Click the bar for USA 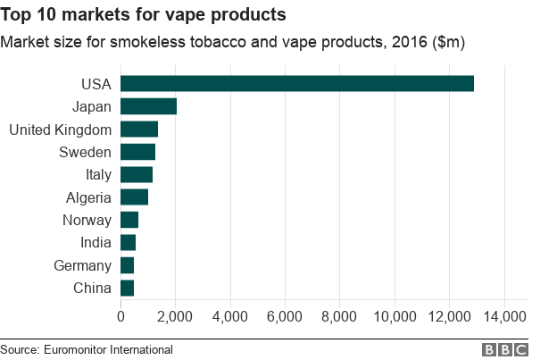coord(296,84)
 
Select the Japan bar coord(148,106)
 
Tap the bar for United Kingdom coord(139,130)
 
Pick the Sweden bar coord(137,152)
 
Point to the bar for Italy coord(137,174)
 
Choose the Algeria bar coord(134,197)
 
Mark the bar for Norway coord(129,220)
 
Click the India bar coord(128,242)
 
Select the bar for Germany coord(127,265)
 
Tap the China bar coord(127,288)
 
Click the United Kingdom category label coord(60,130)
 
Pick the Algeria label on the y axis coord(88,197)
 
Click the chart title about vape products coord(144,15)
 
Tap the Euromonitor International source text coord(87,349)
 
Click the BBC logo coord(505,349)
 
